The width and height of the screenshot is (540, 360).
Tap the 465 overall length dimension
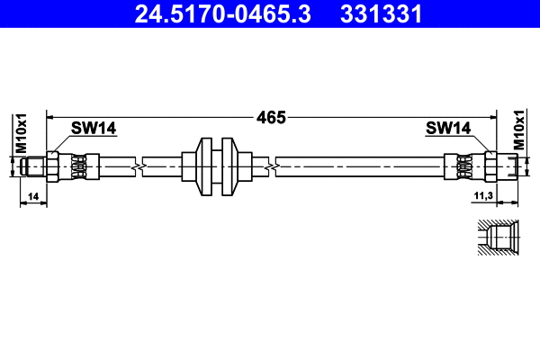[x=270, y=117]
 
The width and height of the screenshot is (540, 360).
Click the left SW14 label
[x=94, y=129]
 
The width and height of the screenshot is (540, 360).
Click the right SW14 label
[x=448, y=129]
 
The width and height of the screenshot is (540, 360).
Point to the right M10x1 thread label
[x=519, y=132]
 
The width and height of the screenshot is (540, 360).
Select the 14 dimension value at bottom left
[x=32, y=195]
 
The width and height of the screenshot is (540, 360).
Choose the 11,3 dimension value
[x=482, y=195]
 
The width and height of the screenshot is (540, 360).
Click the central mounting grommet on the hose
[x=216, y=166]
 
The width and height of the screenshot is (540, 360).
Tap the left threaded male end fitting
[x=36, y=166]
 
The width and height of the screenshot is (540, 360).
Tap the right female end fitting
[x=501, y=166]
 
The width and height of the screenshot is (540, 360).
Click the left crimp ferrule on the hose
[x=80, y=166]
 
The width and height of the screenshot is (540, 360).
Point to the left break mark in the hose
[x=137, y=166]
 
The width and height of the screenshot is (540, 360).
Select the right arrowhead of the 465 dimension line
[x=493, y=117]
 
